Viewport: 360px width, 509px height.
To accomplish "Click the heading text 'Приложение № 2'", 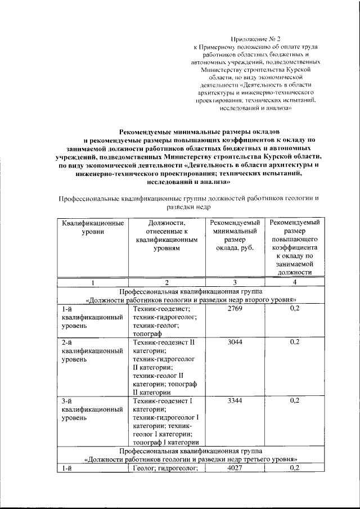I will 258,39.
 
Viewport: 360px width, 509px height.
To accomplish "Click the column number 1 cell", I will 93,282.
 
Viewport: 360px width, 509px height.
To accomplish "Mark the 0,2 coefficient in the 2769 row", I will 294,309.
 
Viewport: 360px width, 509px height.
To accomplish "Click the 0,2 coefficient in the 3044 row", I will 294,341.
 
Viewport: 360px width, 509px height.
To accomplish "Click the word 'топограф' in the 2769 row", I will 147,333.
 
